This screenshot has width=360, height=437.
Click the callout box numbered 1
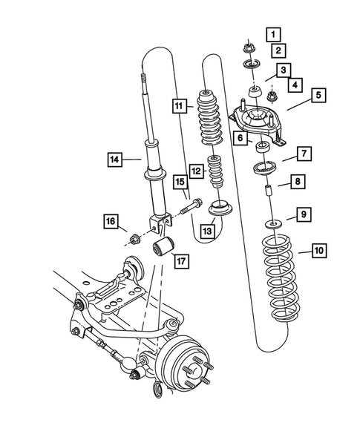pos(274,34)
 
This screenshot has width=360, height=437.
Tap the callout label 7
pos(304,154)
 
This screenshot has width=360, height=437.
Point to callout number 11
pos(178,105)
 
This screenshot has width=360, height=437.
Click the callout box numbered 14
pos(114,158)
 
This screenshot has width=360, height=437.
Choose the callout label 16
pos(111,221)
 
